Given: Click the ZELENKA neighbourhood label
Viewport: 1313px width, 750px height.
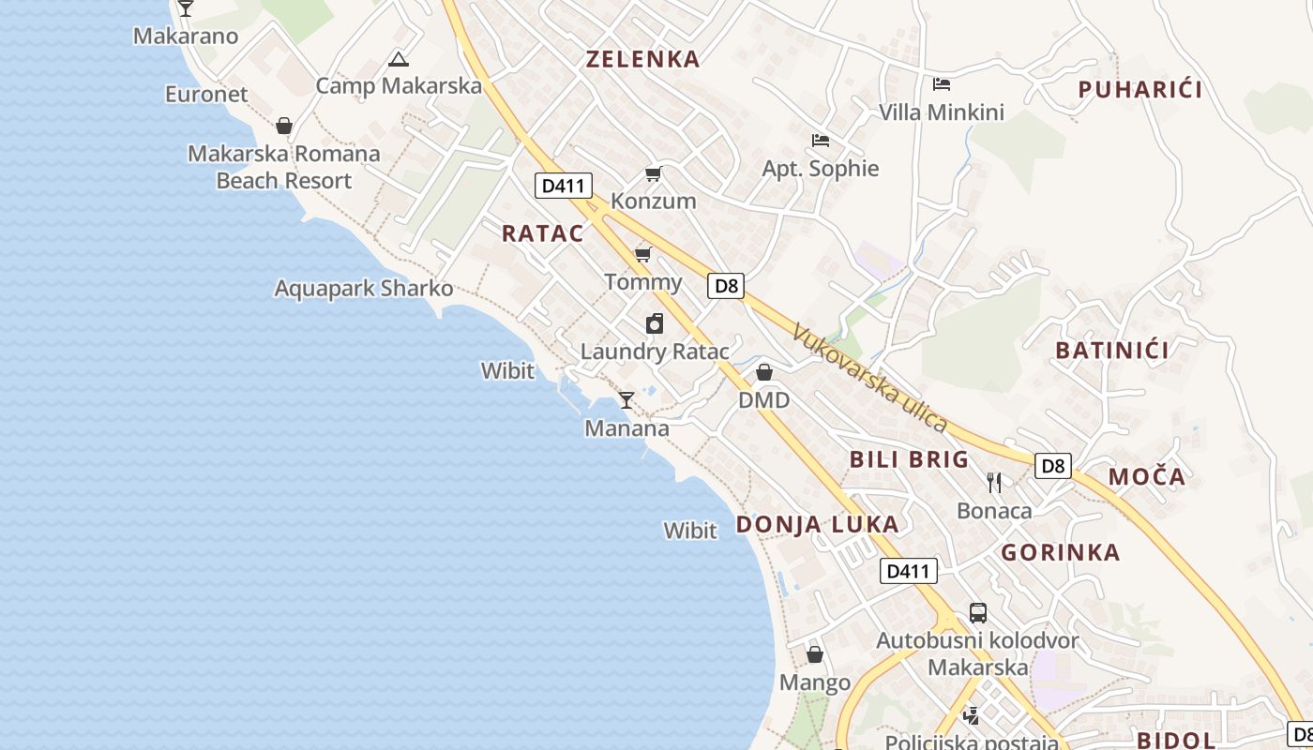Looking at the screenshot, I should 642,59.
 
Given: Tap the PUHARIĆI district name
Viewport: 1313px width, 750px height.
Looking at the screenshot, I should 1139,90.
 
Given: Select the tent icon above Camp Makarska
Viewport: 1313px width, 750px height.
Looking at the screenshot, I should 398,61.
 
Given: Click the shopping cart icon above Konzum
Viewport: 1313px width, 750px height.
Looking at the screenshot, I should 653,174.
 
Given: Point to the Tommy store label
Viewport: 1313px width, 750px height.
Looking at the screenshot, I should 643,282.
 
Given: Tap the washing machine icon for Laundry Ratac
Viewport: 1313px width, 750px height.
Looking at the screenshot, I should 655,324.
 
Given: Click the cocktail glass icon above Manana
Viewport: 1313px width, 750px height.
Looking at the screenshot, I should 626,400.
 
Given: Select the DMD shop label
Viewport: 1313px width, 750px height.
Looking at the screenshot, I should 763,400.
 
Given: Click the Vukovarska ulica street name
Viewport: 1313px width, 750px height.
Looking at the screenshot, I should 868,377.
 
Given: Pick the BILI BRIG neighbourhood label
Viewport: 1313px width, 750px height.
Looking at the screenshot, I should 909,459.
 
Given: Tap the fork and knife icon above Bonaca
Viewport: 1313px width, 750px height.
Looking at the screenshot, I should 994,483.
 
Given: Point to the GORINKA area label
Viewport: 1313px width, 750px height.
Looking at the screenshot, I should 1060,552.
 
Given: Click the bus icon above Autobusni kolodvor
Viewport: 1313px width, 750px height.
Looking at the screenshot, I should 977,613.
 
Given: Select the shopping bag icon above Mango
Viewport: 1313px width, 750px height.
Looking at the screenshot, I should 814,654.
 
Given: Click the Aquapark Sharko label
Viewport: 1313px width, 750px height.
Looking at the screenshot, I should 364,289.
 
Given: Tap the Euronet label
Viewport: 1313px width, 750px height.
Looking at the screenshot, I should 206,95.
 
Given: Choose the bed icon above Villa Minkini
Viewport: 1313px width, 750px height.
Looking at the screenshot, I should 942,84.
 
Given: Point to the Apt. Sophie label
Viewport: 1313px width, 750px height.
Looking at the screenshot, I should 821,169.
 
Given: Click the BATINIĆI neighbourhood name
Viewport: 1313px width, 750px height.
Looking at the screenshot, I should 1111,351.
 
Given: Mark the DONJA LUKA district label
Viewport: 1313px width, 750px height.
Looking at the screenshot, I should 817,524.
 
